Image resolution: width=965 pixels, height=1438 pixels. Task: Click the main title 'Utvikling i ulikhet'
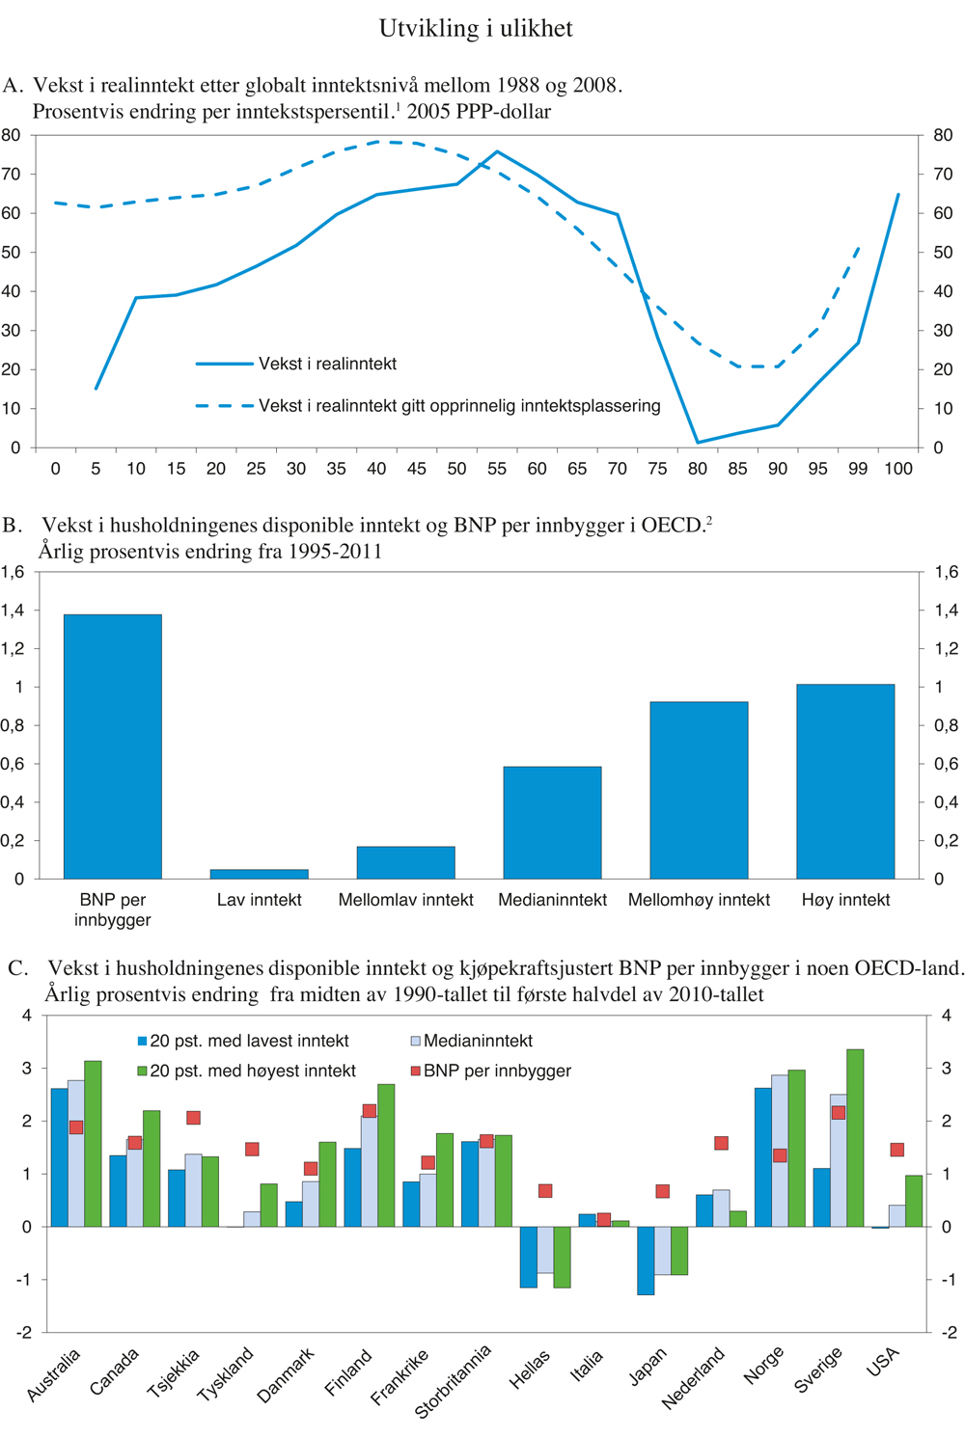(x=476, y=29)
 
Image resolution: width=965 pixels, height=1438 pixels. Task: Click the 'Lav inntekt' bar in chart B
(x=259, y=874)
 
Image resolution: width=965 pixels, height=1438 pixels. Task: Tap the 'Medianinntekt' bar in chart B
(x=552, y=822)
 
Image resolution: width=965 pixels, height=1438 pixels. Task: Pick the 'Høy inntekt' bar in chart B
(x=845, y=781)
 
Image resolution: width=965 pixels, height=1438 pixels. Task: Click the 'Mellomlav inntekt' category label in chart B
(x=405, y=900)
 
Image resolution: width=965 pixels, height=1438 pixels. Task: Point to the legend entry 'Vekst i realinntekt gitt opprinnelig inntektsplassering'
(x=458, y=406)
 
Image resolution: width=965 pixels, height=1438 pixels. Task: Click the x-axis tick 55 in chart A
(x=497, y=469)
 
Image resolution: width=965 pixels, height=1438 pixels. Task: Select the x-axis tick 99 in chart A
(x=857, y=469)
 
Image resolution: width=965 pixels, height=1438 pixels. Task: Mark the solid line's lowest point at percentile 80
(x=698, y=443)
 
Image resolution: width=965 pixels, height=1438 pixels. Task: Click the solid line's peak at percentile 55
(x=497, y=151)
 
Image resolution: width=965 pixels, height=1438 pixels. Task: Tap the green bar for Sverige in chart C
(x=855, y=1138)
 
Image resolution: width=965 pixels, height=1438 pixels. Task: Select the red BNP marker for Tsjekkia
(x=193, y=1118)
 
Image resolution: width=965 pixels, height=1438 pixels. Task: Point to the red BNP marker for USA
(x=896, y=1150)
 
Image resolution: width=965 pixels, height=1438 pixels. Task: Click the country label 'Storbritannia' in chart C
(x=454, y=1380)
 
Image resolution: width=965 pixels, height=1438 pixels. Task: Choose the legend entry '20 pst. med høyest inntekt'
(x=253, y=1071)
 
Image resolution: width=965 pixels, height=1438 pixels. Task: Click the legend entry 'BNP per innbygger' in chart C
(x=497, y=1071)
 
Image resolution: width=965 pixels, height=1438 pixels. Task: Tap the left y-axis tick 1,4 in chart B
(x=14, y=610)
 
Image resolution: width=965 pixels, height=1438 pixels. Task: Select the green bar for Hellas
(x=563, y=1257)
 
